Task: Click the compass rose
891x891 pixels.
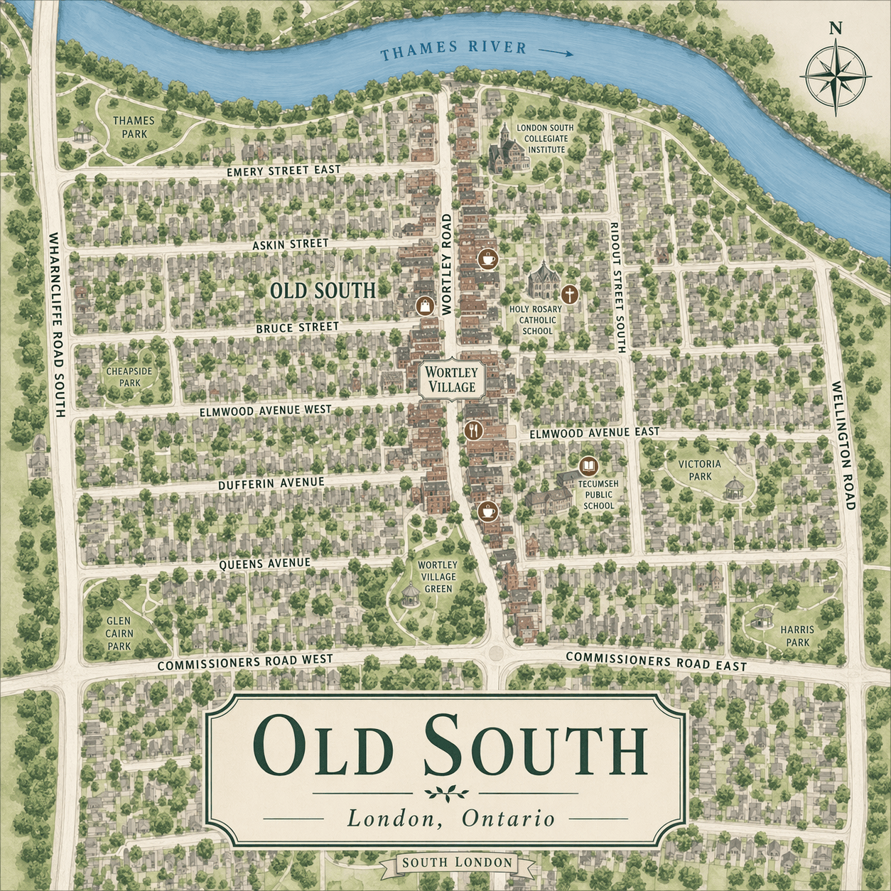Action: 836,74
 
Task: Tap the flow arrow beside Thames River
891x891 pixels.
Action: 556,52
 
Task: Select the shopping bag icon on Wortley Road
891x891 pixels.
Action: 424,306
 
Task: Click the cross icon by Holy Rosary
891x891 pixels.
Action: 569,294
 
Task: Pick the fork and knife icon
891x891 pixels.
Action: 474,430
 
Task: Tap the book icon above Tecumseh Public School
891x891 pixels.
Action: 588,466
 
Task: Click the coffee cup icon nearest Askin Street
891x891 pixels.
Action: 487,258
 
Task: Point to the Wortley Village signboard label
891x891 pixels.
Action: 452,379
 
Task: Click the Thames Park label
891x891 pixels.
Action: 134,127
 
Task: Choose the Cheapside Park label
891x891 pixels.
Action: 129,377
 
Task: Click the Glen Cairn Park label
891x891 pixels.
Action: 119,633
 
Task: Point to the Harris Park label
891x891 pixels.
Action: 797,635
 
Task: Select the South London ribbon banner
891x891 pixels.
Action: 457,863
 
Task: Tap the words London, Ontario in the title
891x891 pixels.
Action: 450,819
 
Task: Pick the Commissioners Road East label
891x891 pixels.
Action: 656,661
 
